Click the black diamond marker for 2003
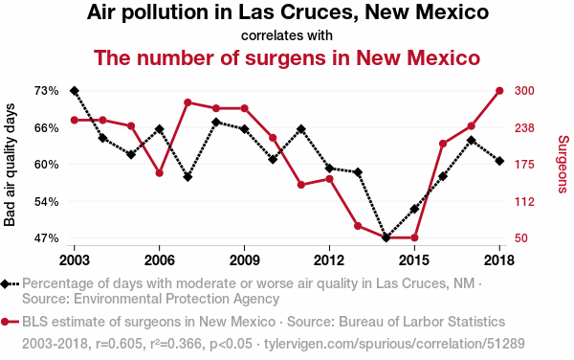pyautogui.click(x=75, y=91)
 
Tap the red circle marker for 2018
pyautogui.click(x=499, y=91)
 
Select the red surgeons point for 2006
pyautogui.click(x=159, y=173)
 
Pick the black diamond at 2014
pyautogui.click(x=386, y=237)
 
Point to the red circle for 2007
pyautogui.click(x=188, y=102)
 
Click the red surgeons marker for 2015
pyautogui.click(x=414, y=237)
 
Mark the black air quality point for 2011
pyautogui.click(x=301, y=129)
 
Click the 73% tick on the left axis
pyautogui.click(x=47, y=91)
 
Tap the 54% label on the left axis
pyautogui.click(x=47, y=201)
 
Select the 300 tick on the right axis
pyautogui.click(x=524, y=91)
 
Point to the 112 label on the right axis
pyautogui.click(x=524, y=201)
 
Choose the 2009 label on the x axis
pyautogui.click(x=244, y=260)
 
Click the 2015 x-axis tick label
pyautogui.click(x=414, y=260)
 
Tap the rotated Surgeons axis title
pyautogui.click(x=563, y=164)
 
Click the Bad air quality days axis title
pyautogui.click(x=10, y=165)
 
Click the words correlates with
pyautogui.click(x=287, y=35)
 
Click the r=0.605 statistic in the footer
pyautogui.click(x=119, y=344)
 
